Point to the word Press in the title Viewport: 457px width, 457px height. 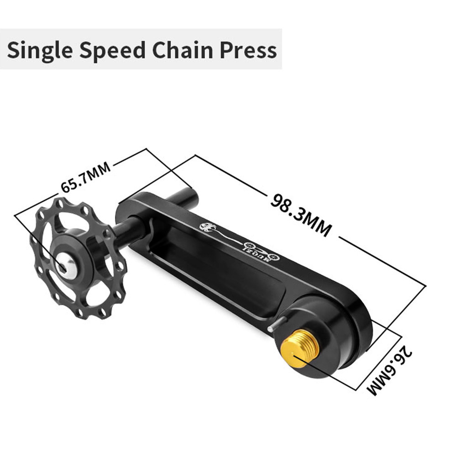click(x=248, y=50)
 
